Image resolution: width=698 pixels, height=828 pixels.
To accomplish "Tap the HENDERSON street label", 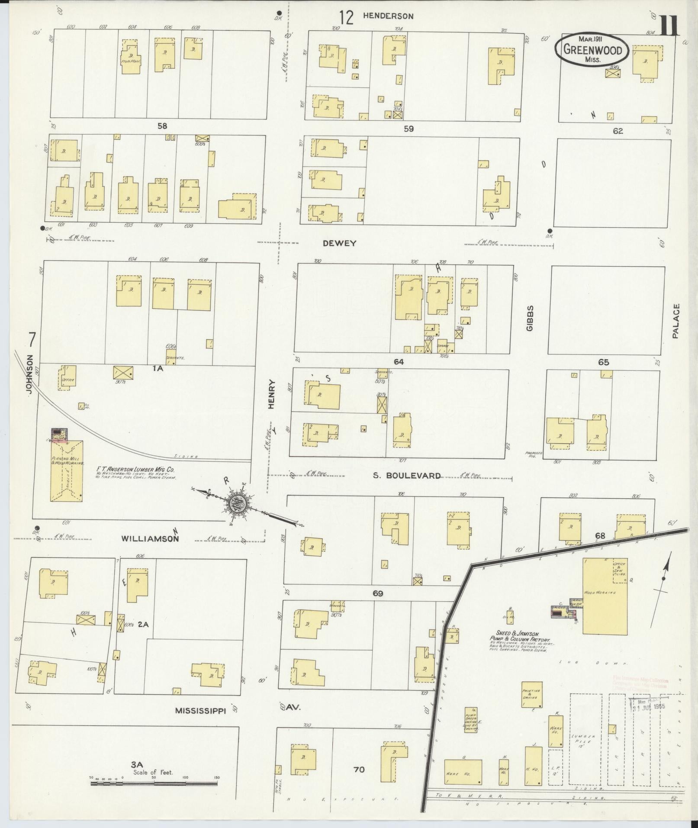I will pos(388,16).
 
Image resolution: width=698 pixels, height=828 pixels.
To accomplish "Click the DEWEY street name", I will pos(340,243).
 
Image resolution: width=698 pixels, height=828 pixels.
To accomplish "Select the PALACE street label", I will pos(676,321).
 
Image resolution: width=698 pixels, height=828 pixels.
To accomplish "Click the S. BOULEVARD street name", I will pos(407,476).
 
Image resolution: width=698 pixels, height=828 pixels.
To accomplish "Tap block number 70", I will pos(359,769).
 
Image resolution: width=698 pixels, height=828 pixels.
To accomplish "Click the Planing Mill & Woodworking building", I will pos(67,471).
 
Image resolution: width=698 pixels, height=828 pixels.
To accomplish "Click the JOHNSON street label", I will pos(29,374).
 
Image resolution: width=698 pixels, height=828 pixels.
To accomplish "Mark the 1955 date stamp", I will pos(648,708).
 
